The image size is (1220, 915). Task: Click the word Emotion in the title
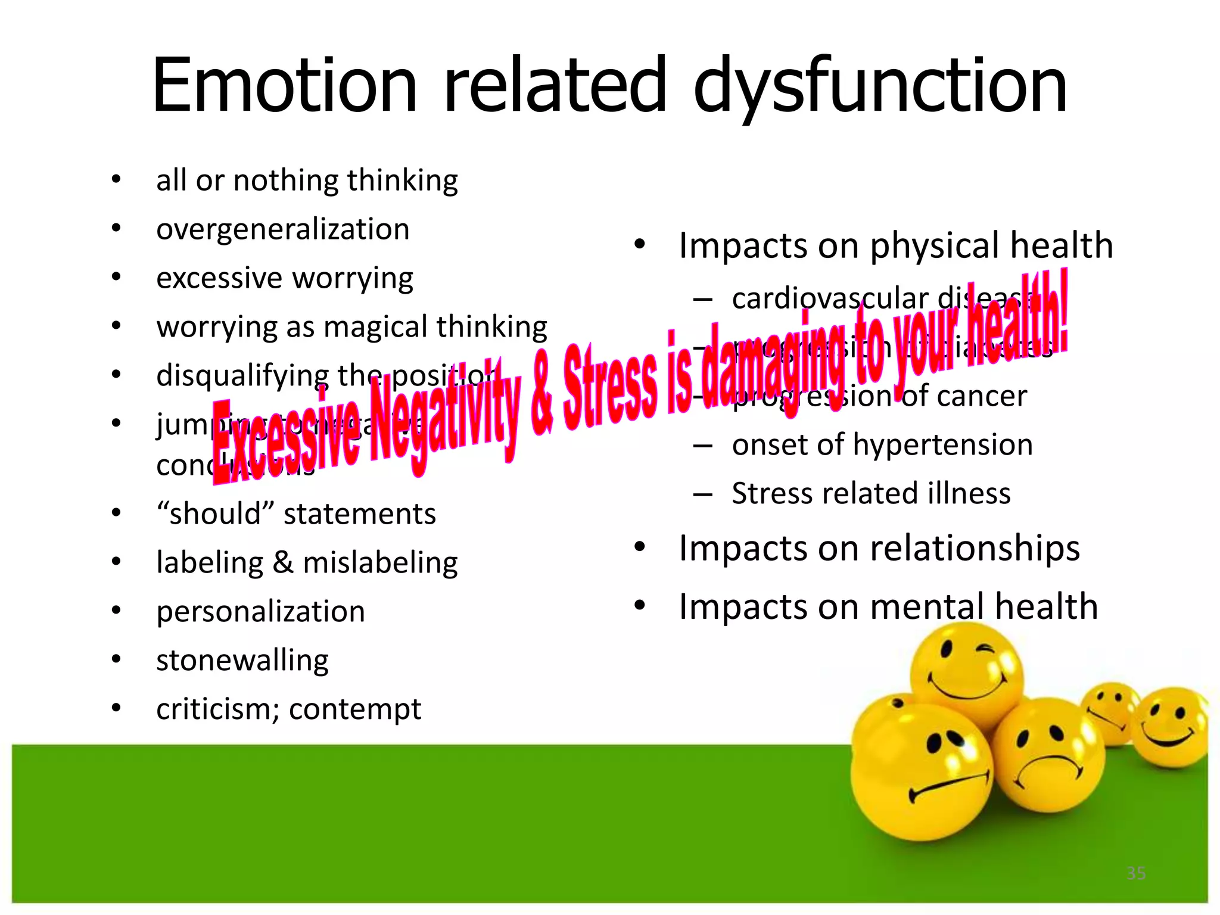[x=285, y=85]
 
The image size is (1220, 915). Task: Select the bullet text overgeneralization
[x=283, y=230]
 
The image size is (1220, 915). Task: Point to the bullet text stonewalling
[x=242, y=661]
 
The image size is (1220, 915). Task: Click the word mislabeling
[x=380, y=563]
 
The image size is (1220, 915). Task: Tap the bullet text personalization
[x=260, y=612]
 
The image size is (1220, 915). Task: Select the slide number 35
[x=1136, y=873]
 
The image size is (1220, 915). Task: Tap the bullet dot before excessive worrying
[x=116, y=278]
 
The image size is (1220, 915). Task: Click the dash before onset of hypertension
[x=703, y=446]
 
